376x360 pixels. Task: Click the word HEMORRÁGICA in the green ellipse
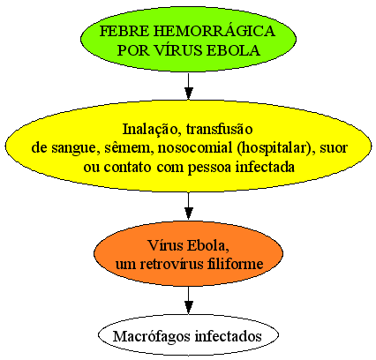[x=214, y=31]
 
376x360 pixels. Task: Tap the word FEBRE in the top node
[x=124, y=32]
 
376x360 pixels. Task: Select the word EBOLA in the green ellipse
[x=233, y=50]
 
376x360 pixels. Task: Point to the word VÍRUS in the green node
[x=179, y=49]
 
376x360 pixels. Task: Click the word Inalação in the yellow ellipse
[x=150, y=130]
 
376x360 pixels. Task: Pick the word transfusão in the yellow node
[x=219, y=129]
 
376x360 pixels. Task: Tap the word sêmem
[x=129, y=148]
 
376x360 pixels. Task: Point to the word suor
[x=334, y=148]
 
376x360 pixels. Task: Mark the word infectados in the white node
[x=229, y=336]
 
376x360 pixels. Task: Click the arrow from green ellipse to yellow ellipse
[x=188, y=86]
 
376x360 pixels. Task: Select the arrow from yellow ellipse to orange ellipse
[x=188, y=206]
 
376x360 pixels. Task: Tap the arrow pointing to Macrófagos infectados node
[x=188, y=300]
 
